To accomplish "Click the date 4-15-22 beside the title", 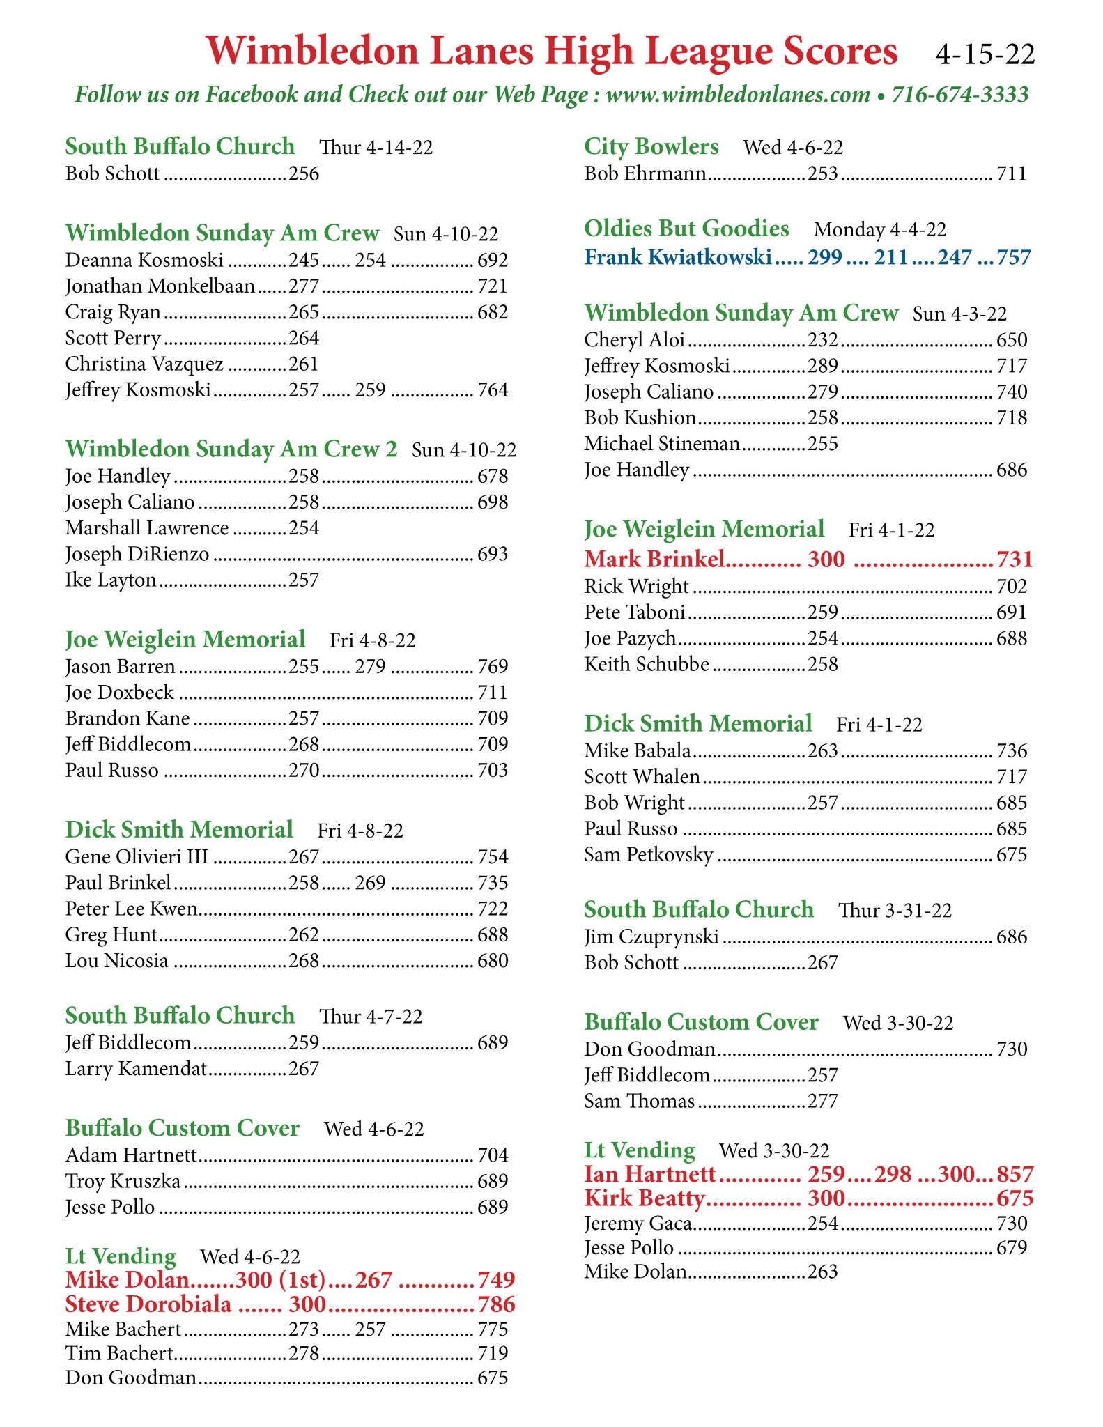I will (x=985, y=54).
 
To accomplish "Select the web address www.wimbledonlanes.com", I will (x=738, y=95).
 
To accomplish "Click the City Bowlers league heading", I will (x=651, y=146).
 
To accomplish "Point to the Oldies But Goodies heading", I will (x=686, y=229).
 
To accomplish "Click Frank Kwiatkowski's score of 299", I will (x=825, y=258).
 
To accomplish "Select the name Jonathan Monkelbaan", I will (x=160, y=286).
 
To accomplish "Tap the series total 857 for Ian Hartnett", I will (x=1015, y=1174).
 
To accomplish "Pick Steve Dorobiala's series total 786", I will (x=496, y=1304).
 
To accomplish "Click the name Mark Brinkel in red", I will (x=654, y=559).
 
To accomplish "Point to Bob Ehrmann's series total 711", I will (x=1012, y=173).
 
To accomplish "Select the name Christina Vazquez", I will (x=144, y=364).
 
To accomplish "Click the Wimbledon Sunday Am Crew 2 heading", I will (x=231, y=449).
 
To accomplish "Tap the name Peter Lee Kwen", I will (x=132, y=909).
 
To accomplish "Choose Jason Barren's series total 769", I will (x=493, y=666).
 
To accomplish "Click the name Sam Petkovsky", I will (x=649, y=854).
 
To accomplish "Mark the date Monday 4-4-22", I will (x=880, y=230).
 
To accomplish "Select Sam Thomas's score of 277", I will (x=822, y=1101).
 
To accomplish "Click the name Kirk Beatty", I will (x=645, y=1198).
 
